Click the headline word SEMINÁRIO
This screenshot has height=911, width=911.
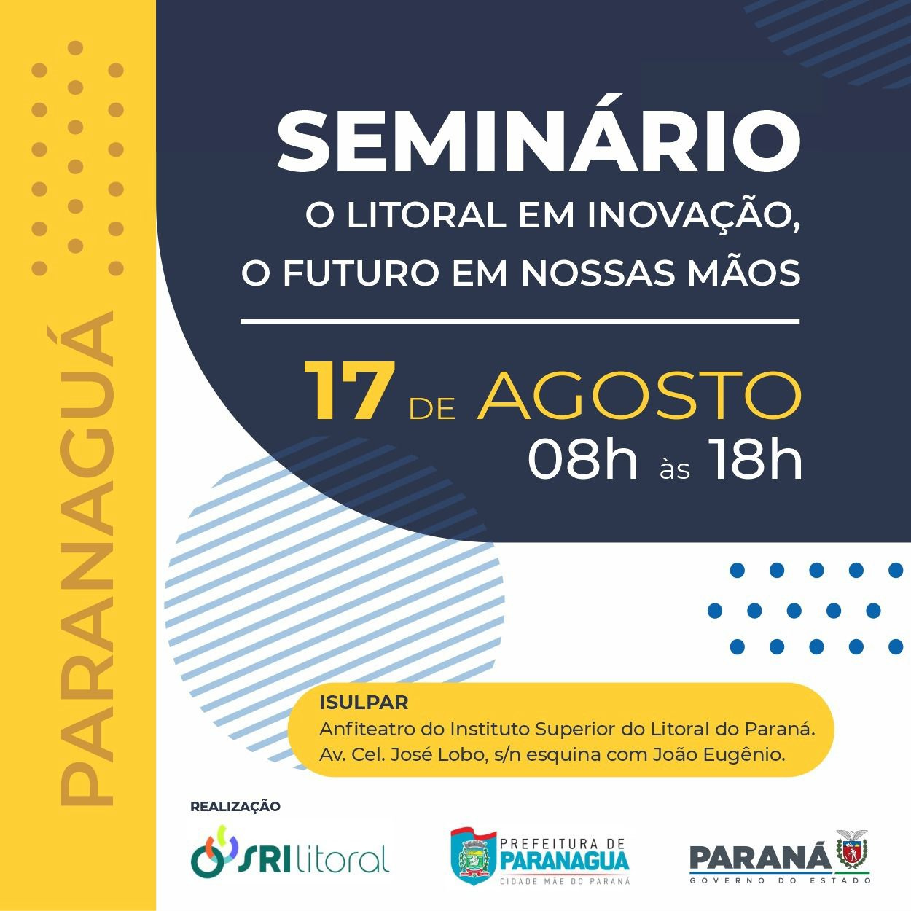tap(538, 141)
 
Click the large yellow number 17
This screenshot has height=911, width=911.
tap(349, 391)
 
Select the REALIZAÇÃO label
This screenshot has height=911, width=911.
tap(235, 806)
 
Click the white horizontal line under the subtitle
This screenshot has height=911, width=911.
tap(520, 322)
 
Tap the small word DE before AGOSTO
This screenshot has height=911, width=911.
tap(432, 409)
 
